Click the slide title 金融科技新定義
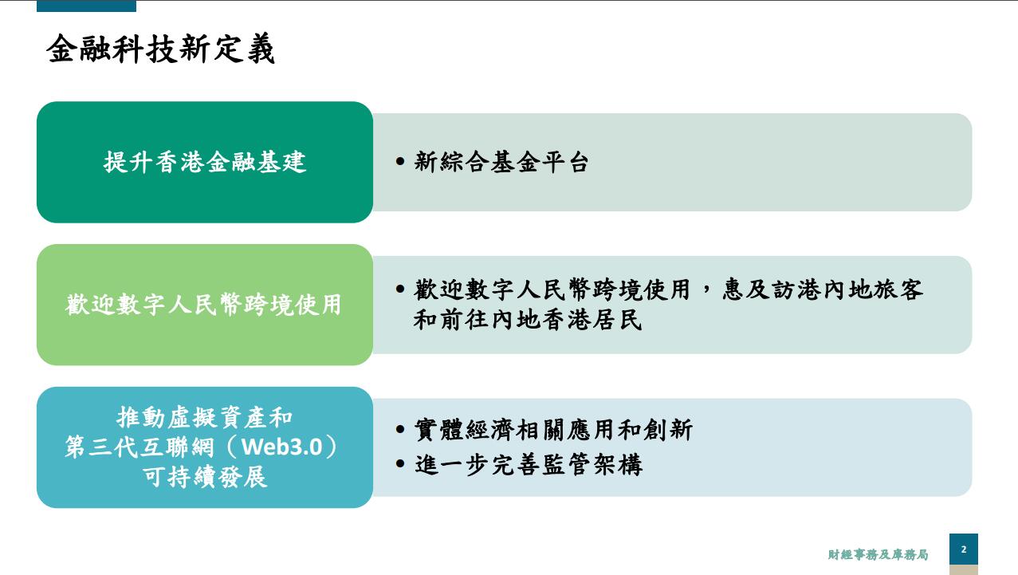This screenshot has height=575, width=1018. pos(160,49)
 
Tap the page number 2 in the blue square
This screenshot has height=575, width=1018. pos(964,549)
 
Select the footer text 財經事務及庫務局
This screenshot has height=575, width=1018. pos(878,554)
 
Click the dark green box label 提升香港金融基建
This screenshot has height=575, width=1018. pos(205,162)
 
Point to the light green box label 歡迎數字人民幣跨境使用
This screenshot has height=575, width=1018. pos(203,304)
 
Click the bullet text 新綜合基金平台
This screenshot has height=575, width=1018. pos(501,162)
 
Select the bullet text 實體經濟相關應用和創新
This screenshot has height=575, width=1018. pos(553,430)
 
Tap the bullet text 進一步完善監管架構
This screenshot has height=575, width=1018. pos(529,464)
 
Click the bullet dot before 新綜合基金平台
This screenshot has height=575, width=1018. pos(400,161)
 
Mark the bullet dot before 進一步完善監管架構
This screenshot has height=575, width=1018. pos(400,463)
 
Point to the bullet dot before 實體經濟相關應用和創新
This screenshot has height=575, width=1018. pos(400,428)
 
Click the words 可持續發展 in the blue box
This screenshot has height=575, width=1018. pos(205,477)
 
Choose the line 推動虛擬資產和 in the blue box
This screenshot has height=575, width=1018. pos(205,417)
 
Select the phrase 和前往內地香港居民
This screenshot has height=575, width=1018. pos(528,319)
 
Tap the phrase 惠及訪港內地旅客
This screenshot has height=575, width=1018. pos(823,289)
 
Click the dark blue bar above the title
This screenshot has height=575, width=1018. pos(86,6)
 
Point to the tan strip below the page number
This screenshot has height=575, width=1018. pos(964,570)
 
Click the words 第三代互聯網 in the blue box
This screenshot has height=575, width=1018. pos(139,447)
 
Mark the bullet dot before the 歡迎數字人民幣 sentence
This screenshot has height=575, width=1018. pos(400,289)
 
